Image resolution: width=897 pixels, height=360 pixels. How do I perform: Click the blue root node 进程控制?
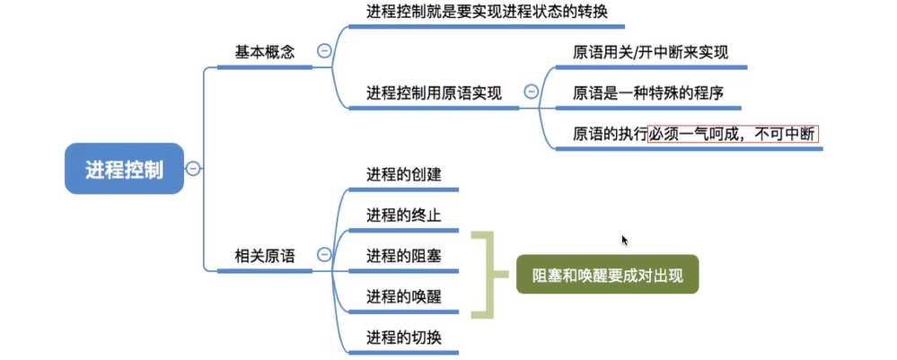pos(124,169)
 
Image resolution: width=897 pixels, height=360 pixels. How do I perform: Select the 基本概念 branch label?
pos(265,52)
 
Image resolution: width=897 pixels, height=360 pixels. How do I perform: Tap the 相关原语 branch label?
pos(265,256)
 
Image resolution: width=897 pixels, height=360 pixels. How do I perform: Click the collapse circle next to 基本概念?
pos(324,52)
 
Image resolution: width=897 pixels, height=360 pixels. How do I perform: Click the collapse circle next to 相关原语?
pos(324,256)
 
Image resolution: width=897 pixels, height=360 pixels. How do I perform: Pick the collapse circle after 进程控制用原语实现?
pos(531,92)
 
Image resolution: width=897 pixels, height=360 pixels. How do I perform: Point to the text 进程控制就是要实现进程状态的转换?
pos(480,13)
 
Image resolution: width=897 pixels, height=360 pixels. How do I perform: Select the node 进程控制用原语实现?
pos(433,92)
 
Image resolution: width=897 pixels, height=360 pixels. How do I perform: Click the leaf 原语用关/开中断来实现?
pos(650,52)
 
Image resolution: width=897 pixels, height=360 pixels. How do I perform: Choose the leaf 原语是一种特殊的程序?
pos(648,92)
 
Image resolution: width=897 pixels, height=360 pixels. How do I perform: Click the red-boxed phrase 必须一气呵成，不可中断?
pos(733,134)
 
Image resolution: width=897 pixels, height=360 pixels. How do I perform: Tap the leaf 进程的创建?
pos(404,174)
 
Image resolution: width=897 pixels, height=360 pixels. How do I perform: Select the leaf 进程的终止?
pos(404,215)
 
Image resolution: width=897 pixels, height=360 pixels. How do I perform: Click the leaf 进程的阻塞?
pos(404,256)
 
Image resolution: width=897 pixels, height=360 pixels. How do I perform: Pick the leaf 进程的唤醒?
pos(404,296)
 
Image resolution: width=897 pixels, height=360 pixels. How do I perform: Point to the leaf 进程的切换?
pos(404,338)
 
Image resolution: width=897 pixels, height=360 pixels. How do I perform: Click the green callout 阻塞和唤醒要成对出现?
pos(607,276)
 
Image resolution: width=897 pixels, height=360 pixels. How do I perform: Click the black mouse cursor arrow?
pos(625,241)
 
